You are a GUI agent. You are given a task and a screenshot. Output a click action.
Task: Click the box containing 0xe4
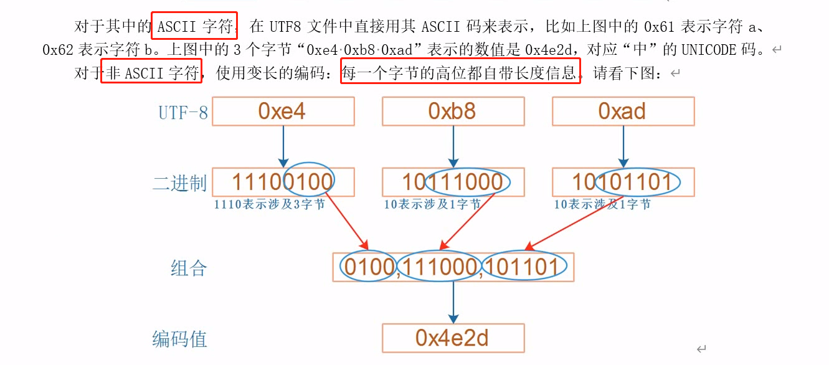[283, 111]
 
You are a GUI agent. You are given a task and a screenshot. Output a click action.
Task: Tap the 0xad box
[623, 111]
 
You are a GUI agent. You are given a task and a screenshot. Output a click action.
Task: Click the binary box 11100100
[283, 182]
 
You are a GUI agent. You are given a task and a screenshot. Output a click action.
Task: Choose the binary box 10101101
[623, 182]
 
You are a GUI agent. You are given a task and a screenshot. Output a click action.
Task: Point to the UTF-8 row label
[182, 113]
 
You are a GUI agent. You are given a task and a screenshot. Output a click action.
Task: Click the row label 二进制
[179, 184]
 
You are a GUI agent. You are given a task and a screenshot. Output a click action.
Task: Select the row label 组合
[188, 268]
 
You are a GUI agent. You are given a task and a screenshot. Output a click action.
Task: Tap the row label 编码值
[179, 339]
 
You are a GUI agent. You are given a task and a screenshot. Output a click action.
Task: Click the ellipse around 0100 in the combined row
[368, 267]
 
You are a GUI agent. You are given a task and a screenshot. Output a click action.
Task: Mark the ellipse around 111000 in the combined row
[440, 267]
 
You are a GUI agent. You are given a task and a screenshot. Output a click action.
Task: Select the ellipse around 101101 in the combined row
[524, 267]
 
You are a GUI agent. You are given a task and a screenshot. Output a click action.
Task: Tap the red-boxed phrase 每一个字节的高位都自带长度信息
[460, 73]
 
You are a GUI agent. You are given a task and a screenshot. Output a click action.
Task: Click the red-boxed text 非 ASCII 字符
[151, 73]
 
